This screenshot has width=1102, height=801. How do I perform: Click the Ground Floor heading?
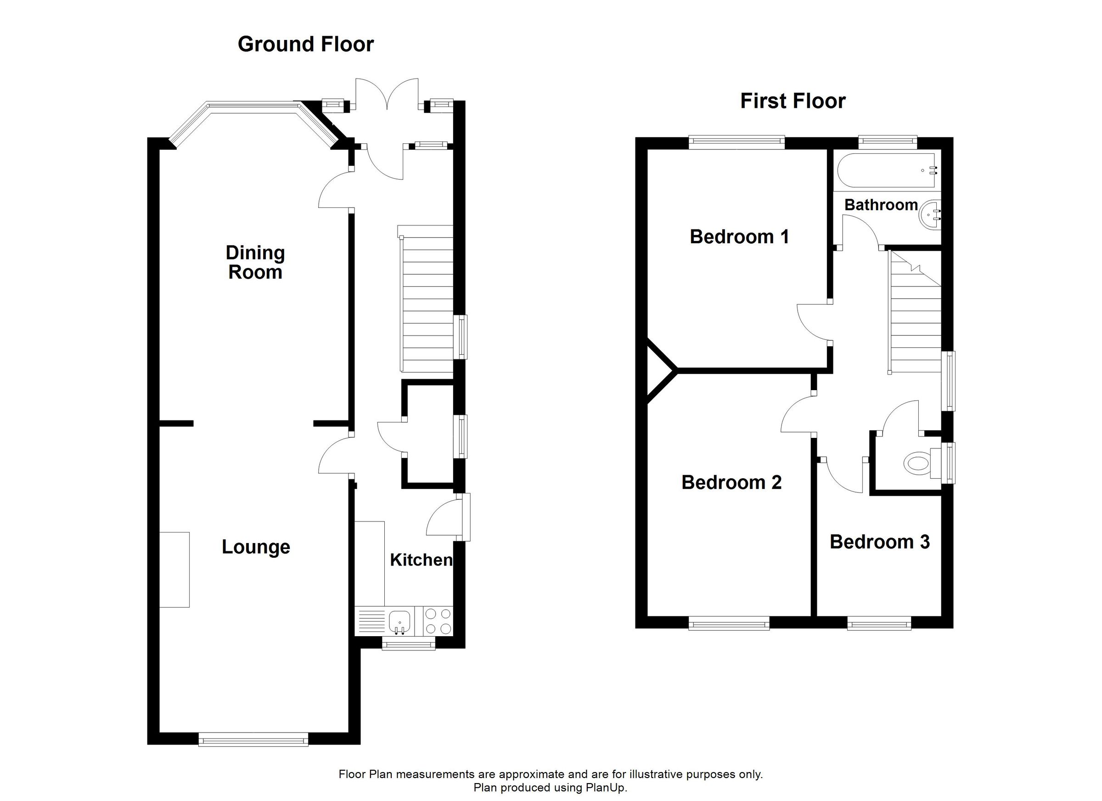[x=305, y=44]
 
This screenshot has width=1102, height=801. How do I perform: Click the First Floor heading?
[x=793, y=101]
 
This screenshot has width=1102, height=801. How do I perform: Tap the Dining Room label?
[x=255, y=262]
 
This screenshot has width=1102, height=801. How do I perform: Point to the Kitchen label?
[x=421, y=560]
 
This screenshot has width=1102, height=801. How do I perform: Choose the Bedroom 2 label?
[x=731, y=482]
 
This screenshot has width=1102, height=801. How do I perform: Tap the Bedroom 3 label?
[x=879, y=542]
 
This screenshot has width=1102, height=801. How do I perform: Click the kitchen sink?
[x=399, y=622]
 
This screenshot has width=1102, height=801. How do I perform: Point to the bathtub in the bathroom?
[x=885, y=170]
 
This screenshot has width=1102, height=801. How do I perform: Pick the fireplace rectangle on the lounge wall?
[x=174, y=569]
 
